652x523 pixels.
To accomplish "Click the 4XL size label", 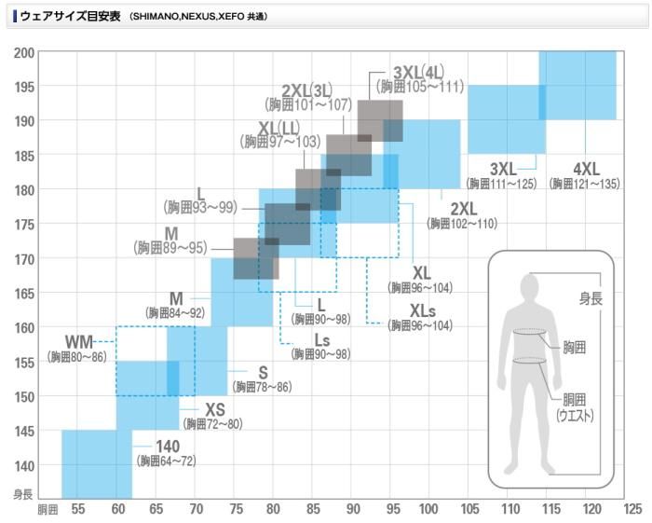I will click(585, 169).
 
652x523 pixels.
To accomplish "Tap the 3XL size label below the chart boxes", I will click(502, 169).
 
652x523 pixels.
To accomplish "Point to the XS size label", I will click(216, 409).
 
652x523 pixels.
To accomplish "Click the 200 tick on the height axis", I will click(23, 52).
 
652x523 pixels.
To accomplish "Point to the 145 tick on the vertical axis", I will click(23, 431).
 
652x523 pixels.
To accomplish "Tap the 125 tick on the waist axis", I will click(632, 510).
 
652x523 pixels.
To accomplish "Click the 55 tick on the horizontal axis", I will click(77, 510).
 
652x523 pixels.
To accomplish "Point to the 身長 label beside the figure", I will click(591, 298).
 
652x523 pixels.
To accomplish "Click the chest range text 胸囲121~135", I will click(585, 184).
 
